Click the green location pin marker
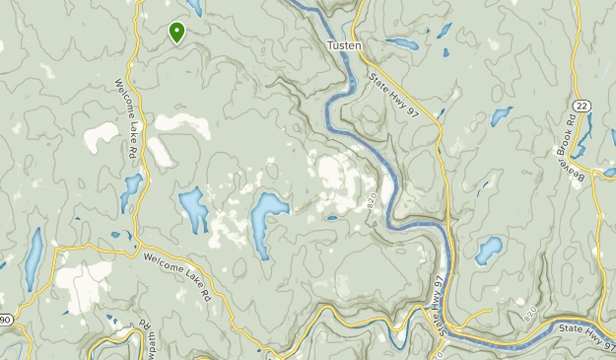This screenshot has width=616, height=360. coord(176,32)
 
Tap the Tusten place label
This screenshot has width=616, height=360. coord(344,46)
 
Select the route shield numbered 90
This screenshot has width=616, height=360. coord(5,319)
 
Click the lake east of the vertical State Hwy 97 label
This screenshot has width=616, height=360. coord(488,251)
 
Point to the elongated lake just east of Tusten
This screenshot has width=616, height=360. coord(402,43)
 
